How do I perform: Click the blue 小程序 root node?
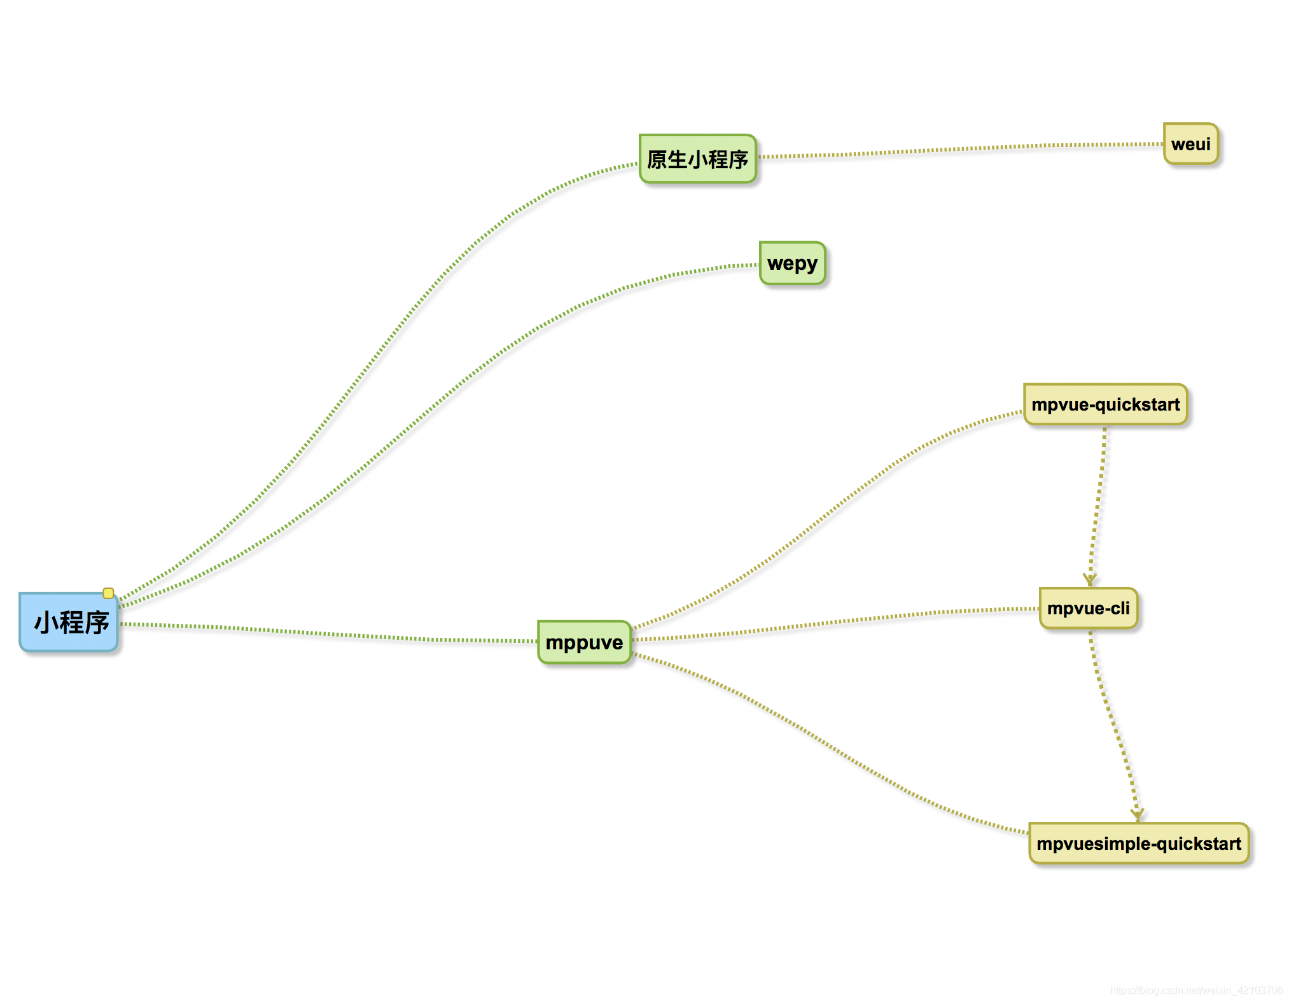(x=69, y=623)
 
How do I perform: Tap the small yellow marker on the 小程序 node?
(x=108, y=593)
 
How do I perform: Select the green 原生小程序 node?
(x=698, y=159)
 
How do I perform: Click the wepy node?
(x=792, y=263)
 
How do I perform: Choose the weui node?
(x=1190, y=144)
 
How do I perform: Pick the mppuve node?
(x=584, y=642)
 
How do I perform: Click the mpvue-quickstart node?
(x=1105, y=404)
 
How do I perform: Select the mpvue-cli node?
(x=1088, y=609)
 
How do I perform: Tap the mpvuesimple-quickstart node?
(x=1138, y=843)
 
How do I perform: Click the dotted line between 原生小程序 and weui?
(x=961, y=150)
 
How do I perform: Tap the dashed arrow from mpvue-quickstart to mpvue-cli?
(x=1097, y=503)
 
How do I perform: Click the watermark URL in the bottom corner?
(x=1196, y=991)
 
